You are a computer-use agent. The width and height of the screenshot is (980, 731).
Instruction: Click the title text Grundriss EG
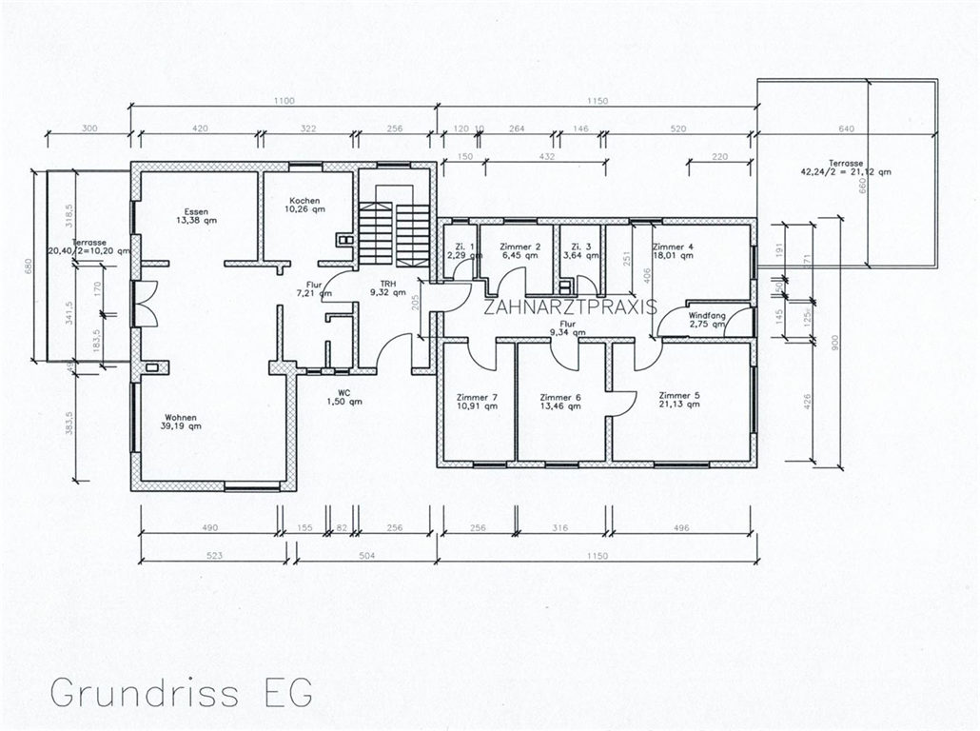pyautogui.click(x=181, y=692)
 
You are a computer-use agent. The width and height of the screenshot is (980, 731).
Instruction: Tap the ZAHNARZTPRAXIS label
pyautogui.click(x=571, y=307)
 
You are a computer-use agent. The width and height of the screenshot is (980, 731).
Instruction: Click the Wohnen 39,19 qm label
pyautogui.click(x=181, y=422)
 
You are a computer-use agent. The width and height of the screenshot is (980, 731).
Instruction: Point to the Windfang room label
pyautogui.click(x=706, y=319)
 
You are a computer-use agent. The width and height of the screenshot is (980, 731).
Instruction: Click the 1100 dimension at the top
pyautogui.click(x=284, y=101)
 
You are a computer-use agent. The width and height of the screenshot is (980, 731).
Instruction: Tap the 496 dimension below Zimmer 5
pyautogui.click(x=680, y=526)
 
